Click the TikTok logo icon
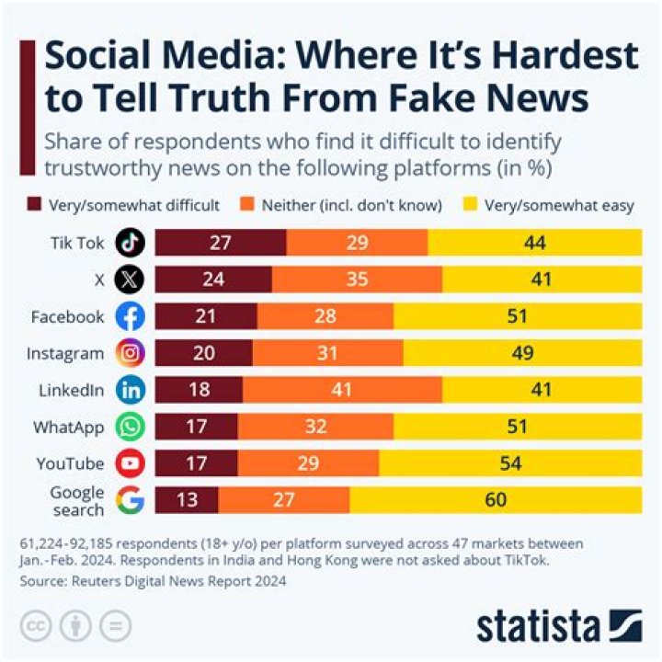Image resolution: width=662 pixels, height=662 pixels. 131,243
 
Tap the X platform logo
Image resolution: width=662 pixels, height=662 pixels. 131,280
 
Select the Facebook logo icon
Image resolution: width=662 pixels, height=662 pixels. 131,316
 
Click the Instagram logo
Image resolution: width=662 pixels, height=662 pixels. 131,353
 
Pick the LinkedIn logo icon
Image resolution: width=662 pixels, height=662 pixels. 131,390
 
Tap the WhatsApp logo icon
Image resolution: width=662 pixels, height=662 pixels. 131,427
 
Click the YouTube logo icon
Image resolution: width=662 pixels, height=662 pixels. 131,463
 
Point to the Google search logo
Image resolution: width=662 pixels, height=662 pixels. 131,501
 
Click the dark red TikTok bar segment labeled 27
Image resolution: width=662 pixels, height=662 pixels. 221,243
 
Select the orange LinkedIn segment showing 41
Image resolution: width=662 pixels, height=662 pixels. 341,390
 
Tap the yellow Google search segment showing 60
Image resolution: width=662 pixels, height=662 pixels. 496,501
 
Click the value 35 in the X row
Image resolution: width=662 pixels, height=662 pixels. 357,280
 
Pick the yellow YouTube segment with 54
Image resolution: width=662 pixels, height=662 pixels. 510,463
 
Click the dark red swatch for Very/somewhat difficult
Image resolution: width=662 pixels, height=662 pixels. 36,205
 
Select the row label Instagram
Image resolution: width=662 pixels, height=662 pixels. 67,353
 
